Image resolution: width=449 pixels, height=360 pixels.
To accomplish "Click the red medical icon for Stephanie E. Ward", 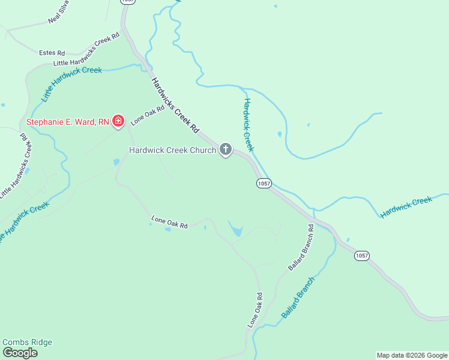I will coord(118,122).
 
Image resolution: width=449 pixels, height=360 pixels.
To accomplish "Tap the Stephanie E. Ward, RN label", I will coord(67,122).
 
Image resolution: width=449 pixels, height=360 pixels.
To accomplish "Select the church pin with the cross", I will coord(226,149).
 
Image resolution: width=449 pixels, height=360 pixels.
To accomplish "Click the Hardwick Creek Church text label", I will coord(173,150).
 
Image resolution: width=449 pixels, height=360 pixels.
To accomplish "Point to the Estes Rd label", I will coord(52,53).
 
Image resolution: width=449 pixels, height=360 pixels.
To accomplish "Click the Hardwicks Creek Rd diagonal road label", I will coord(175,105).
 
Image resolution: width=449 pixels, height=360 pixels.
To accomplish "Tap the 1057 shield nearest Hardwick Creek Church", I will coord(264,183).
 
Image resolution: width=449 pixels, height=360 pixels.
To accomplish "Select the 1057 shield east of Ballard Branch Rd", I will coord(361,256).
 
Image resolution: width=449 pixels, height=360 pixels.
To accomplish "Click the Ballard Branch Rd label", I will coord(301,247).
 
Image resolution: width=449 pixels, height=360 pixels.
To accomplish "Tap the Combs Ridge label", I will coord(27,343).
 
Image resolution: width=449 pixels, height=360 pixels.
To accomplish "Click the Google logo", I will coord(20,353).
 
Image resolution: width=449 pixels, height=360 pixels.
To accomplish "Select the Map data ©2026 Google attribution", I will coord(412,355).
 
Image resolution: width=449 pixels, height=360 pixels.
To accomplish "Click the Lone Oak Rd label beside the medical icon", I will coord(147,112).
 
